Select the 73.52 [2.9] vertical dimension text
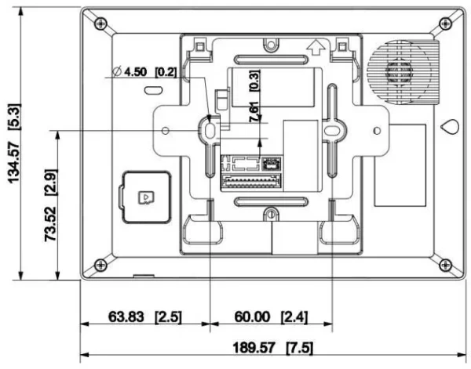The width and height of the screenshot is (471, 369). (x=56, y=205)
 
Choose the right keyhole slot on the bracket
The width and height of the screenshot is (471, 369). (x=333, y=128)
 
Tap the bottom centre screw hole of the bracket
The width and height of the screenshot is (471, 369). (x=271, y=214)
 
